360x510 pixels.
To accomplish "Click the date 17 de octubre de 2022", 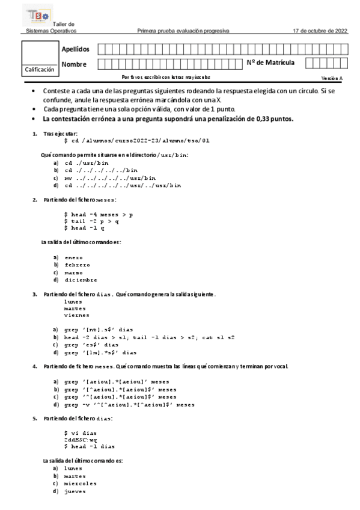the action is pyautogui.click(x=320, y=30).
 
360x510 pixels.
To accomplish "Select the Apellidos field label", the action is pyautogui.click(x=75, y=49).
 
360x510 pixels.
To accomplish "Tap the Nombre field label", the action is pyautogui.click(x=74, y=64).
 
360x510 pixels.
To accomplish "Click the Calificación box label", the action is pyautogui.click(x=39, y=70).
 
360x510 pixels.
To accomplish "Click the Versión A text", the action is pyautogui.click(x=332, y=78).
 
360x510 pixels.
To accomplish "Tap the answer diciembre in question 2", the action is pyautogui.click(x=81, y=280).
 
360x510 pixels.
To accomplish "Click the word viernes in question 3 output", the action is pyautogui.click(x=76, y=315).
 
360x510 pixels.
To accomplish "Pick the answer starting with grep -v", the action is pyautogui.click(x=129, y=405).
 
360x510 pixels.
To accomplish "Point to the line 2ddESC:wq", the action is pyautogui.click(x=80, y=440).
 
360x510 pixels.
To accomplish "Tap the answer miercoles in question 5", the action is pyautogui.click(x=80, y=484).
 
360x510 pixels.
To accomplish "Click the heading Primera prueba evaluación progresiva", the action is pyautogui.click(x=183, y=30).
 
